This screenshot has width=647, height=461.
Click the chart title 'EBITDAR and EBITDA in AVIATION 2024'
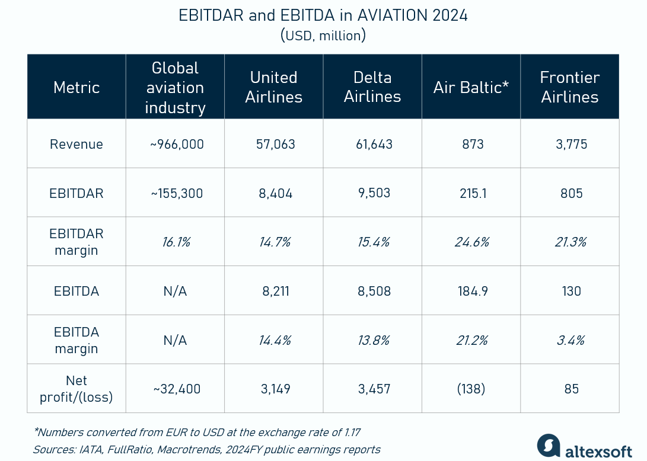click(x=323, y=15)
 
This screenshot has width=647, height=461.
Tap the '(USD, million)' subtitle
click(x=323, y=36)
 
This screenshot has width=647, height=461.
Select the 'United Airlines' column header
click(x=273, y=87)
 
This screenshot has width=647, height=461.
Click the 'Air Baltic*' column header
click(x=471, y=87)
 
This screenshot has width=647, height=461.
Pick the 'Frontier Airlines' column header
click(x=569, y=87)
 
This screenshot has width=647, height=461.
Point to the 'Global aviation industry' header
click(x=175, y=87)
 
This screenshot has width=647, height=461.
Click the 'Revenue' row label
click(x=77, y=144)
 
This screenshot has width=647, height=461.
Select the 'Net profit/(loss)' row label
click(x=77, y=389)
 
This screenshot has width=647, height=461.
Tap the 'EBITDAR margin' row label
click(x=77, y=242)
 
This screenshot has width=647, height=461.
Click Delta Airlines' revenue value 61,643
click(x=372, y=144)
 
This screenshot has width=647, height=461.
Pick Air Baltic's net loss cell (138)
click(x=471, y=389)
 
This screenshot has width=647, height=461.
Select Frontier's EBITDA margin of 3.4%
click(x=569, y=340)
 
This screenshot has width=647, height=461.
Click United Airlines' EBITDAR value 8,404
click(x=273, y=193)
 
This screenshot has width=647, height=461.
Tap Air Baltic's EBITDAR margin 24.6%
click(x=471, y=242)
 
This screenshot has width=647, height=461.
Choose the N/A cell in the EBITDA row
click(x=175, y=291)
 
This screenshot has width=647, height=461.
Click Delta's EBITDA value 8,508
click(x=372, y=291)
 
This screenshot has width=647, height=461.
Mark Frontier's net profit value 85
click(x=569, y=389)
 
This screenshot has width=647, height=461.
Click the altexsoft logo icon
click(x=549, y=446)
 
